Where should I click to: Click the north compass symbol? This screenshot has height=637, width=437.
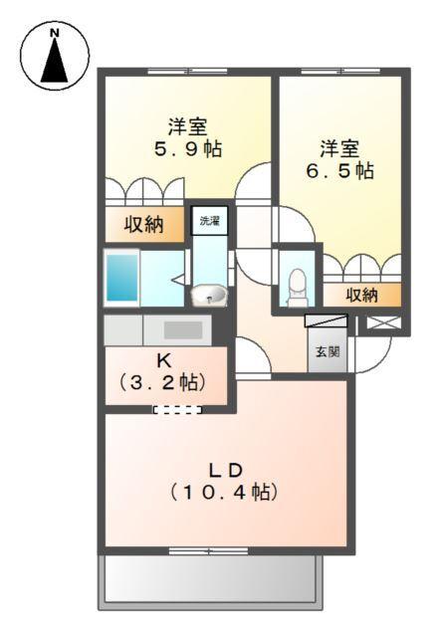tap(55, 55)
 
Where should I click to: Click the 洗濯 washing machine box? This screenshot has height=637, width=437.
tap(209, 220)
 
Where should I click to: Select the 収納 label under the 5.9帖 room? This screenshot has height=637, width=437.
tap(143, 224)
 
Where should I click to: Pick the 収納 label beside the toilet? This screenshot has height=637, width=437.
tap(362, 295)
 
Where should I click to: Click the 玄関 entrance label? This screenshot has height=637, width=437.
tap(327, 351)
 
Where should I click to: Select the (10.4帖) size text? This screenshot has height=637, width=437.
tap(223, 491)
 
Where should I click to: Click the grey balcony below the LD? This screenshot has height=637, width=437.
tap(211, 579)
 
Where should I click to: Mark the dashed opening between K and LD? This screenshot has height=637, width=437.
tap(177, 409)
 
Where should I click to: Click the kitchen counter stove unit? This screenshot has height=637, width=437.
tap(182, 329)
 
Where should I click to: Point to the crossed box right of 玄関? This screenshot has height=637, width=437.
tap(381, 323)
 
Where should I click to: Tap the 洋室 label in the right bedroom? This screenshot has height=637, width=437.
tap(338, 148)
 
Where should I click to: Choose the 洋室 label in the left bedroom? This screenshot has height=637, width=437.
tap(187, 127)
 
